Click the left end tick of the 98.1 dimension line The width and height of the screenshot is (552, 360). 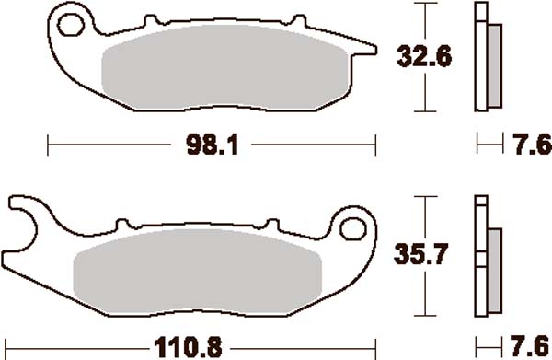48,145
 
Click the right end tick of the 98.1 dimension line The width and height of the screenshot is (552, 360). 376,145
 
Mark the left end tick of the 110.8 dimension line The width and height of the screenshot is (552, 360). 7,348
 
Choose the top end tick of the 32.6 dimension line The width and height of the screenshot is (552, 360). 423,5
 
